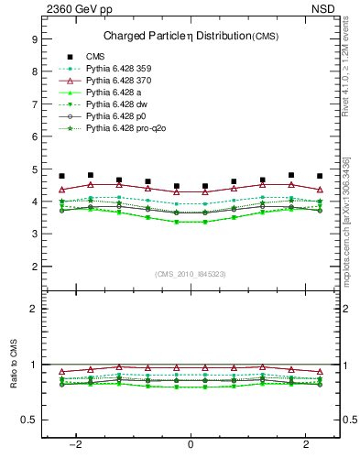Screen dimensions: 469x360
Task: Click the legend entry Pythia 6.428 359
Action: (x=115, y=69)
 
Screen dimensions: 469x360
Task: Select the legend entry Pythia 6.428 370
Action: (x=115, y=81)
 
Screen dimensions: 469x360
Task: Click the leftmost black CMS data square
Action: (x=61, y=176)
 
